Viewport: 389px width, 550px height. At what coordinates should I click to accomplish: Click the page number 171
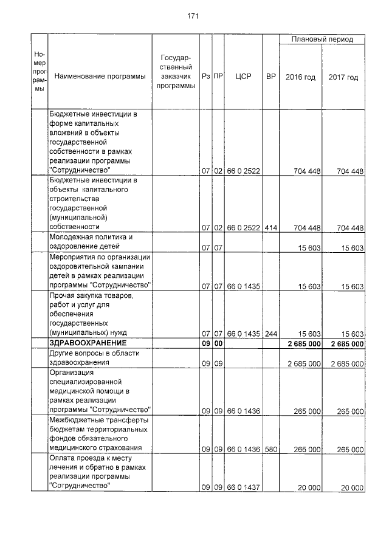[194, 16]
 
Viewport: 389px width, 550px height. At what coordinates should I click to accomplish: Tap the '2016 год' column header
[300, 77]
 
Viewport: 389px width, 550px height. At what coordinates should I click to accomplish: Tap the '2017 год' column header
[343, 77]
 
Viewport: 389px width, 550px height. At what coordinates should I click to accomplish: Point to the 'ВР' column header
[271, 77]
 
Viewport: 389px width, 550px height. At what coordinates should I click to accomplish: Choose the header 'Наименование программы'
[100, 77]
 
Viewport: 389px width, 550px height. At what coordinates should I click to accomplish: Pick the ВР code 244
[271, 334]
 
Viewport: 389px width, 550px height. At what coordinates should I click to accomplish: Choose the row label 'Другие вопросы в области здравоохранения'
[94, 358]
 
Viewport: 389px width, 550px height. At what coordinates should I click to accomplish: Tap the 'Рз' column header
[207, 77]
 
